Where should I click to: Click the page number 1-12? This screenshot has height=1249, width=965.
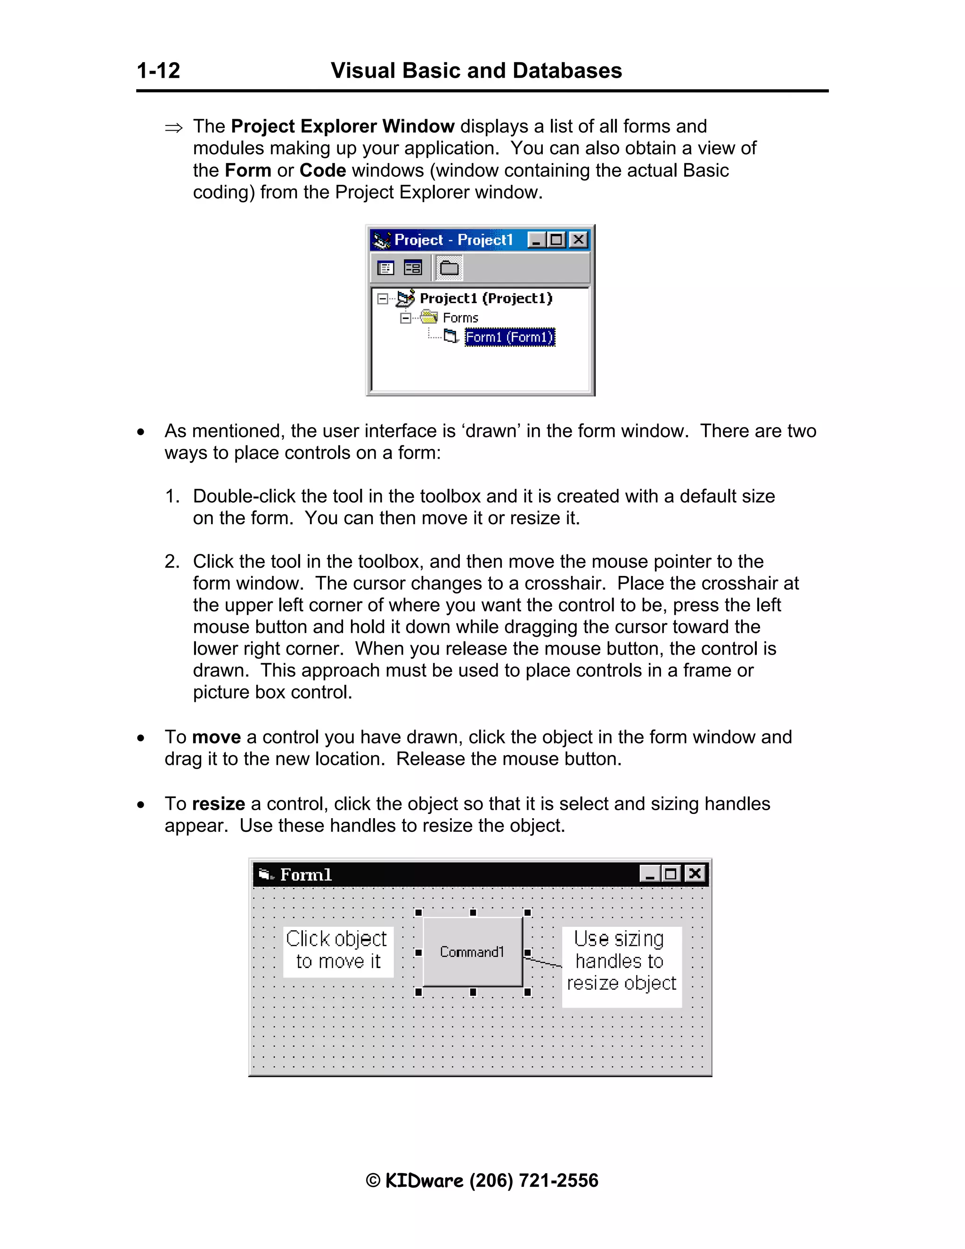pos(158,71)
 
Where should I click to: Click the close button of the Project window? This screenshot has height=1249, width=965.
pos(579,239)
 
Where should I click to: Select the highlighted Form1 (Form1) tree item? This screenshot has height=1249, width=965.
pos(509,337)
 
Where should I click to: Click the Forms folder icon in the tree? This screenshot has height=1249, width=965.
pos(429,317)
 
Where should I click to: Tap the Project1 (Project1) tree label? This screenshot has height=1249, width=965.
pos(486,298)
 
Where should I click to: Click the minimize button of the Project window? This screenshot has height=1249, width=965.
pos(536,239)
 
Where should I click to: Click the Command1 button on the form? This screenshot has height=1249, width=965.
pos(472,952)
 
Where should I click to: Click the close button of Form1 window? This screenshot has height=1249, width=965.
pos(695,874)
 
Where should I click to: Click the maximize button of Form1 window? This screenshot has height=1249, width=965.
pos(671,874)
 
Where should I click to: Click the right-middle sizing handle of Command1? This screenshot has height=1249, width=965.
pos(527,953)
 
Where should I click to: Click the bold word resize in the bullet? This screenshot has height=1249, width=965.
pos(218,804)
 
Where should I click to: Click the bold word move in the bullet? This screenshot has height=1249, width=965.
pos(216,737)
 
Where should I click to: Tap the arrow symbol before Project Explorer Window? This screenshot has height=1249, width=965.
pos(174,128)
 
